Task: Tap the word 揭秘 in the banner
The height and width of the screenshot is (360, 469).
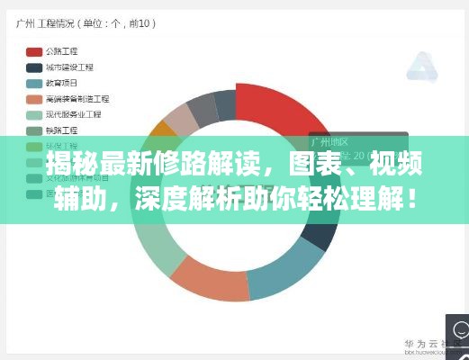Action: [x=72, y=165]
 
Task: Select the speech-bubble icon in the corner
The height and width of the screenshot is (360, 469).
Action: [x=457, y=328]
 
